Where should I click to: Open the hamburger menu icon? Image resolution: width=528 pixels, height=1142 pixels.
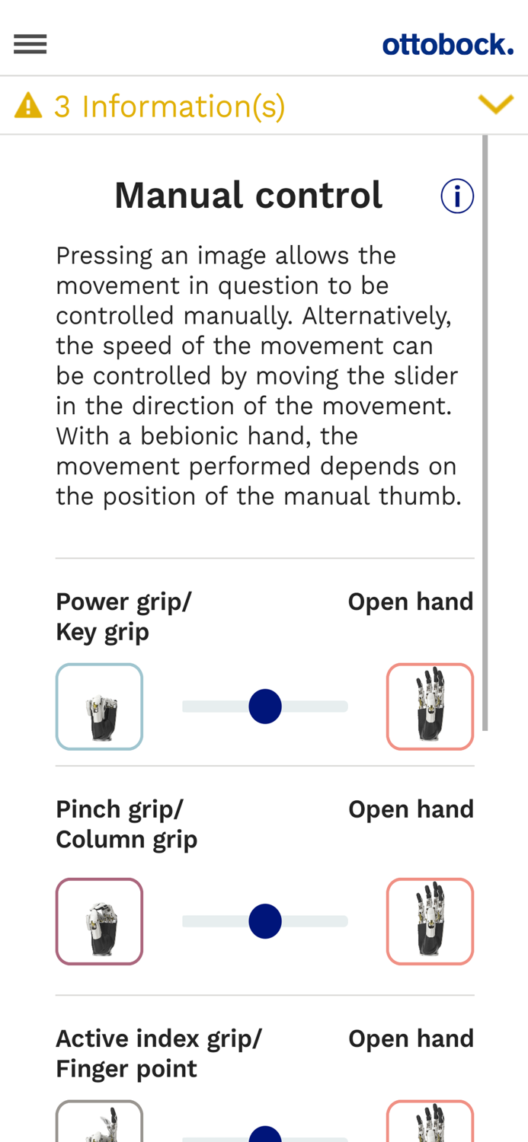click(x=30, y=44)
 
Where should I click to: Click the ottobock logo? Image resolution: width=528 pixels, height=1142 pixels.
click(x=448, y=45)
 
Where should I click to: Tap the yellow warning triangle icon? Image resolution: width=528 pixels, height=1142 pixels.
click(x=28, y=106)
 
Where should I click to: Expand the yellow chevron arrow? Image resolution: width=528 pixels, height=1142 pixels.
click(x=495, y=104)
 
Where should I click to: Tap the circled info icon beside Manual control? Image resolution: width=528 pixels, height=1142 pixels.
click(x=457, y=196)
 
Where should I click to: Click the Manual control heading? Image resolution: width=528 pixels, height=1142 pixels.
click(x=248, y=195)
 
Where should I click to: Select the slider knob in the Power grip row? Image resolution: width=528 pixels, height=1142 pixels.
click(x=265, y=706)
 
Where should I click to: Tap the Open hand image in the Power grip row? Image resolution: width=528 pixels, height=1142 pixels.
click(x=430, y=706)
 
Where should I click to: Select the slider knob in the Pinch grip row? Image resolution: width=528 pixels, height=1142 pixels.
click(x=265, y=921)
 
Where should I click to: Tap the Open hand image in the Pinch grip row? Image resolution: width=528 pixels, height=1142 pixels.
click(x=430, y=921)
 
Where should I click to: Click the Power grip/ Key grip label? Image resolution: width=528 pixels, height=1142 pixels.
click(x=123, y=617)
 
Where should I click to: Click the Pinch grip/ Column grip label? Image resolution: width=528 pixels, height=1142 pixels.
click(x=126, y=825)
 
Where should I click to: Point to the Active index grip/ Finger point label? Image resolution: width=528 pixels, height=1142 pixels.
click(x=158, y=1054)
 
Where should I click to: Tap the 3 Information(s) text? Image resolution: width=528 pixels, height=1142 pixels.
click(x=170, y=107)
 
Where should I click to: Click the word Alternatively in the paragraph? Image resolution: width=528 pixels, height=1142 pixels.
click(x=377, y=316)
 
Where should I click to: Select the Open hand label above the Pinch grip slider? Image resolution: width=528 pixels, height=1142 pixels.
click(x=411, y=809)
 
